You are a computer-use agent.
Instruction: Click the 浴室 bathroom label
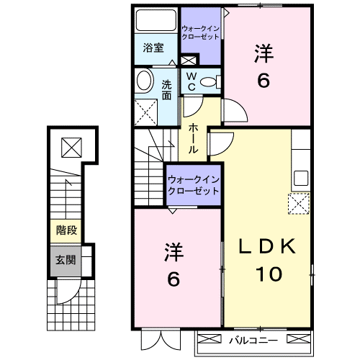coord(153,49)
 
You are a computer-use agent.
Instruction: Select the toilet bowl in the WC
coord(210,82)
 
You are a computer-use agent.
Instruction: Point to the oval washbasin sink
coord(144,80)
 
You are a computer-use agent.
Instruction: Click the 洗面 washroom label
coord(166,88)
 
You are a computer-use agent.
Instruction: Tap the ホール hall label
coord(194,137)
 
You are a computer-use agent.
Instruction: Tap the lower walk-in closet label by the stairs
coord(192,185)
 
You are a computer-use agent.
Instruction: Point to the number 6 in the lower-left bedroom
coord(173,279)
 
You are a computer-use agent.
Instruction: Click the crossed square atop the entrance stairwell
coord(71,148)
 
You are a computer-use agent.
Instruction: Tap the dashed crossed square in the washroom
coord(147,109)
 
